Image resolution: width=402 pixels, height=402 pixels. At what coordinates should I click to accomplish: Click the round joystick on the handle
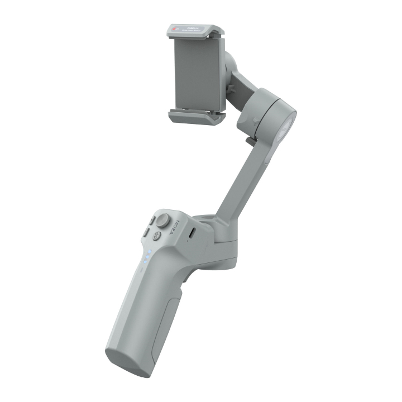pyautogui.click(x=162, y=220)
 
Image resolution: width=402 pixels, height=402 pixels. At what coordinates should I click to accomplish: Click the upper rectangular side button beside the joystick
pyautogui.click(x=151, y=221)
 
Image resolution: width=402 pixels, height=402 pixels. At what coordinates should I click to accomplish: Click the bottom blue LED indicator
pyautogui.click(x=145, y=262)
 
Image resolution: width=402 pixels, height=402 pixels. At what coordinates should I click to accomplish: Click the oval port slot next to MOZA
pyautogui.click(x=192, y=232)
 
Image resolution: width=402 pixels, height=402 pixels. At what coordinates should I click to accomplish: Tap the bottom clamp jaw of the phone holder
pyautogui.click(x=195, y=116)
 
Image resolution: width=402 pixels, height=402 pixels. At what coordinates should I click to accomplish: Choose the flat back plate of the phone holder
pyautogui.click(x=195, y=73)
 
